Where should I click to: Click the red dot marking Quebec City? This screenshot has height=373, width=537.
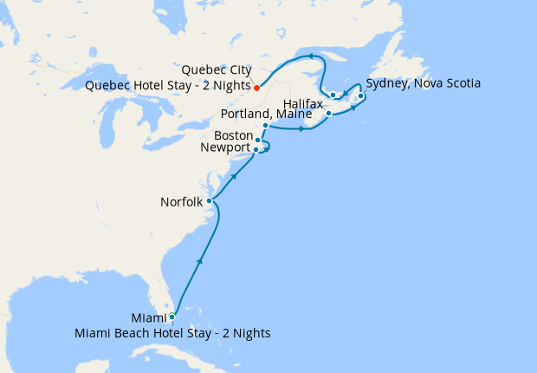click(257, 87)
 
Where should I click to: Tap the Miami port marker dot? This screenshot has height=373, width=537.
click(171, 317)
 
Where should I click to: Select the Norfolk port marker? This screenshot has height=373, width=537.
click(210, 200)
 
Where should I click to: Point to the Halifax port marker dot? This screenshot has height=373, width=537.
click(329, 114)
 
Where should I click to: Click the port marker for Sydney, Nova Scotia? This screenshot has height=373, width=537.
click(360, 95)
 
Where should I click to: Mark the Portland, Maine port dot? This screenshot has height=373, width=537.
click(265, 126)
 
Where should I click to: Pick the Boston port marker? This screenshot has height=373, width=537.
click(258, 140)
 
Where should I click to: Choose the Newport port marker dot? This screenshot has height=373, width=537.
click(256, 149)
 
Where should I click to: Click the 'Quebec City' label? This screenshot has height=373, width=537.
click(217, 70)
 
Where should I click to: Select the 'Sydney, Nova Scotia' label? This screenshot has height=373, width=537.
click(423, 83)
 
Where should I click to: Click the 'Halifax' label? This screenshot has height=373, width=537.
click(303, 102)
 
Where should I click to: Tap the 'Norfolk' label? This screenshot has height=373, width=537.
click(181, 202)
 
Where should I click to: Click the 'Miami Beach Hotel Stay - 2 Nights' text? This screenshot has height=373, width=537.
click(172, 333)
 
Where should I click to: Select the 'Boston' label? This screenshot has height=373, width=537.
click(233, 135)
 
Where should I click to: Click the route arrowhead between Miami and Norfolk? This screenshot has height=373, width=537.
click(201, 259)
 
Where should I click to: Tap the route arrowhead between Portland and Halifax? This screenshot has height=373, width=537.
click(301, 130)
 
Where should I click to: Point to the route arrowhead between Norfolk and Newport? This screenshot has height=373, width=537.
click(234, 176)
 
